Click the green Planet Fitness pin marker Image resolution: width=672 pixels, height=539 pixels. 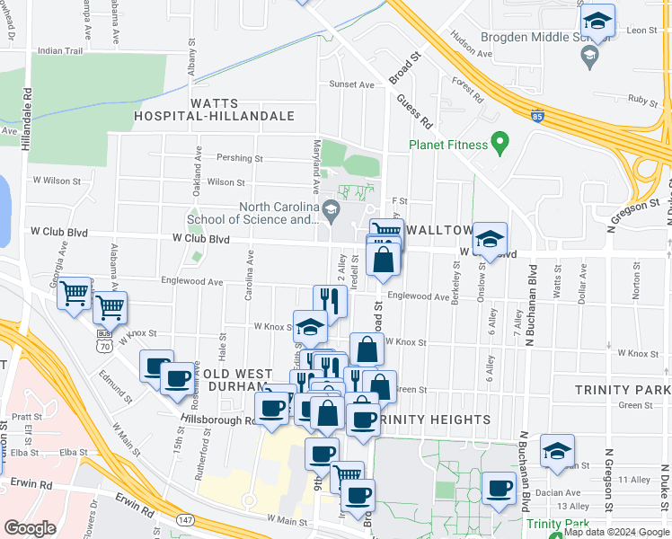pos(501,143)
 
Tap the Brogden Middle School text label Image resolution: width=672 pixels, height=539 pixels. pos(535,37)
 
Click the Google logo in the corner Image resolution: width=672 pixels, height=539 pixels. pos(30,528)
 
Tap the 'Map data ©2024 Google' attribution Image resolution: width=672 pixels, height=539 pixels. pos(616,532)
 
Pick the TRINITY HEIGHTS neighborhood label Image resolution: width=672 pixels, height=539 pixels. pos(434,420)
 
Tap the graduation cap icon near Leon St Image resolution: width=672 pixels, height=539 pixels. pos(597,21)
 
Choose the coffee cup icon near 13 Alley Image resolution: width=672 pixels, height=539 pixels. pos(499,489)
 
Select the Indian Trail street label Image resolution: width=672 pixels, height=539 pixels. pos(61,51)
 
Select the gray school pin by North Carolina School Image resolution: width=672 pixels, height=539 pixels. pos(331,211)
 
